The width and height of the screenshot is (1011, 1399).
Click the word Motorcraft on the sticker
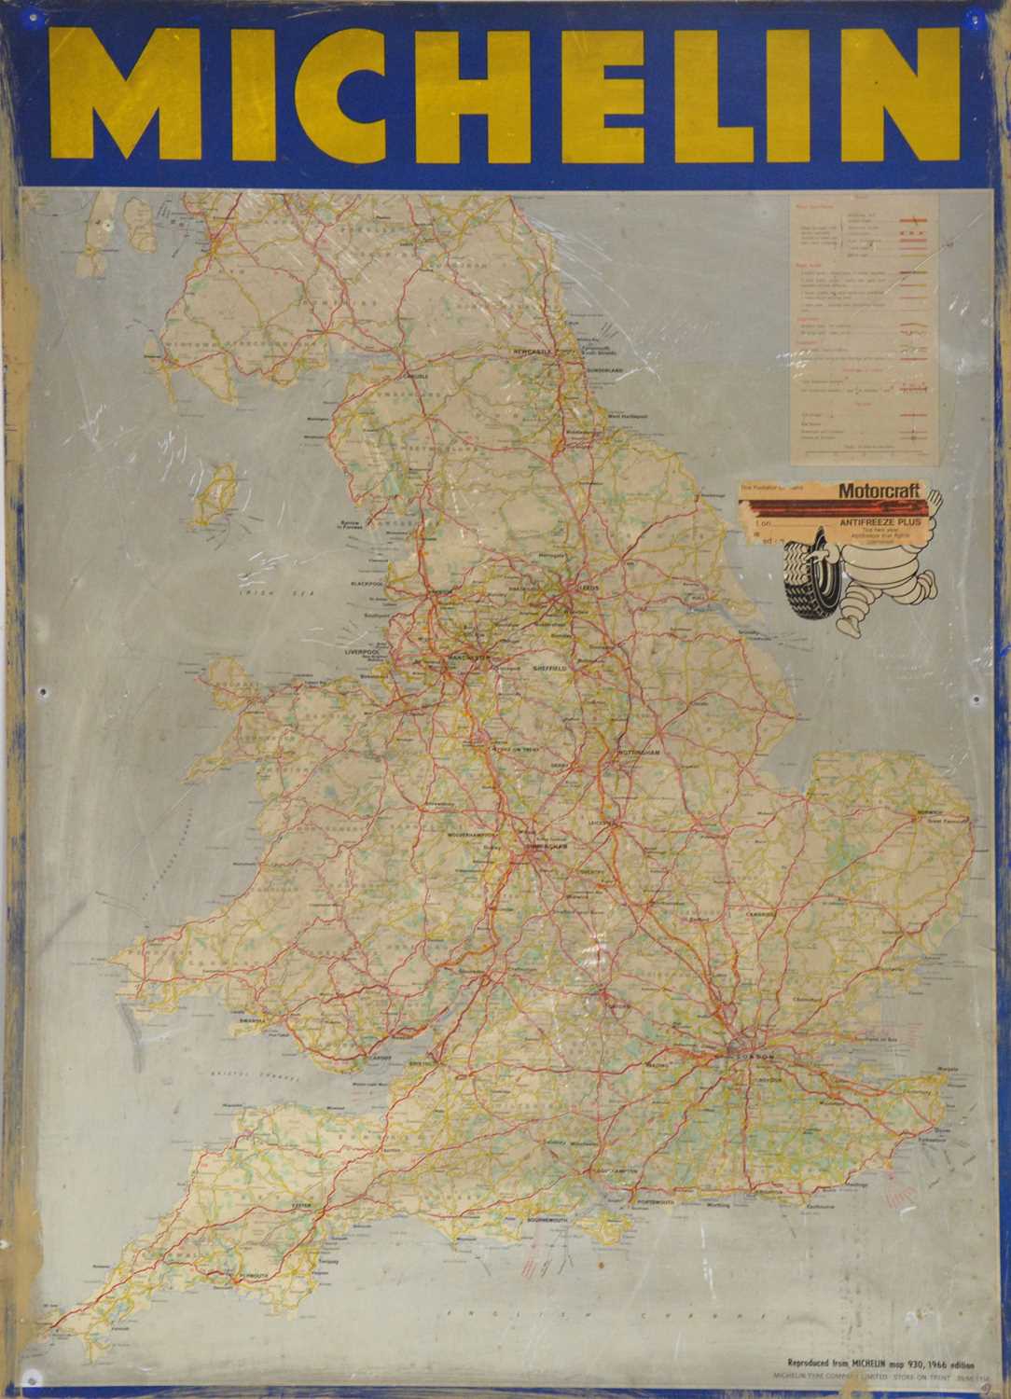coord(879,490)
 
